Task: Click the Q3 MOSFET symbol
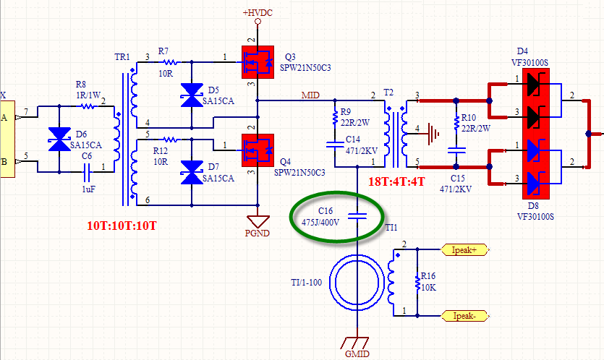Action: coord(258,62)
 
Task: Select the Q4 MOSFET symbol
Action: coord(258,150)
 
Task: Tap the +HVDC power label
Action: coord(258,13)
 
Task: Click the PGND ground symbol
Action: coord(258,221)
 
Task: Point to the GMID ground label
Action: coord(357,353)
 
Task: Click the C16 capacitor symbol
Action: coord(357,216)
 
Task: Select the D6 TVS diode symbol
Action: coord(59,139)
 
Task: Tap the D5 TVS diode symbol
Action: coord(192,95)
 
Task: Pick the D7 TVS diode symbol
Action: coord(192,173)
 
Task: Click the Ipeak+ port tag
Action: coord(464,250)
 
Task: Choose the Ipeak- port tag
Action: coord(464,316)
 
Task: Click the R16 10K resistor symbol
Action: coord(417,282)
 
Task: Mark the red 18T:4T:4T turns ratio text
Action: coord(396,181)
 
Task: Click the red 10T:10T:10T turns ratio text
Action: coord(122,226)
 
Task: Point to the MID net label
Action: coord(310,95)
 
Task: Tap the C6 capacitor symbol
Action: coord(87,172)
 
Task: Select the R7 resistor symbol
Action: coord(169,62)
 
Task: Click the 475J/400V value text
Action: coord(320,222)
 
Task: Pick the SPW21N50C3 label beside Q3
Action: coord(305,68)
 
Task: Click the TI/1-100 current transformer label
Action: coord(307,283)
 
